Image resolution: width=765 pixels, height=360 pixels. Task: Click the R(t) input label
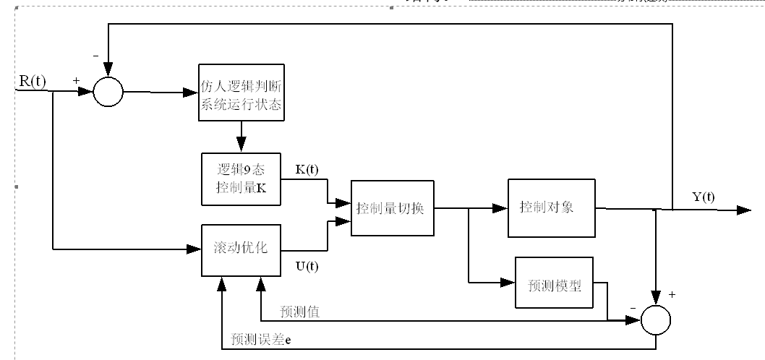[x=32, y=80]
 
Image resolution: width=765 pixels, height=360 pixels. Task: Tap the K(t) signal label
[x=307, y=170]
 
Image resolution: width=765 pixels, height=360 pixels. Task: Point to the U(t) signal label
[x=307, y=267]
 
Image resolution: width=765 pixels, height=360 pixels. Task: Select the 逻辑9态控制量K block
[x=241, y=178]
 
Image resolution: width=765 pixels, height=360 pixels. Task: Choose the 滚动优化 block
[x=241, y=249]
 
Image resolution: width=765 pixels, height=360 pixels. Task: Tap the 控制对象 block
[x=552, y=207]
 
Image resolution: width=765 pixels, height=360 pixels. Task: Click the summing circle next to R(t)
[x=108, y=92]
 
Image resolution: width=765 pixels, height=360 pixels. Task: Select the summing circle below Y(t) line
[x=657, y=318]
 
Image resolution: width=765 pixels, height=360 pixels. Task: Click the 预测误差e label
[x=261, y=338]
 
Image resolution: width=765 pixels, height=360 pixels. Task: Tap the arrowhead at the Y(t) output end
[x=745, y=210]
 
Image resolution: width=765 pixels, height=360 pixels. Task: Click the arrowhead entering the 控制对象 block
[x=501, y=208]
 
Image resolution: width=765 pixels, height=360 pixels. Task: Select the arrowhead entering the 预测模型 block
[x=508, y=282]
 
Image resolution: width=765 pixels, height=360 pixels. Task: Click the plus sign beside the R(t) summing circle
[x=76, y=80]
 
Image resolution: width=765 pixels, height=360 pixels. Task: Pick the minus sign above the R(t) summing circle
[x=95, y=55]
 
